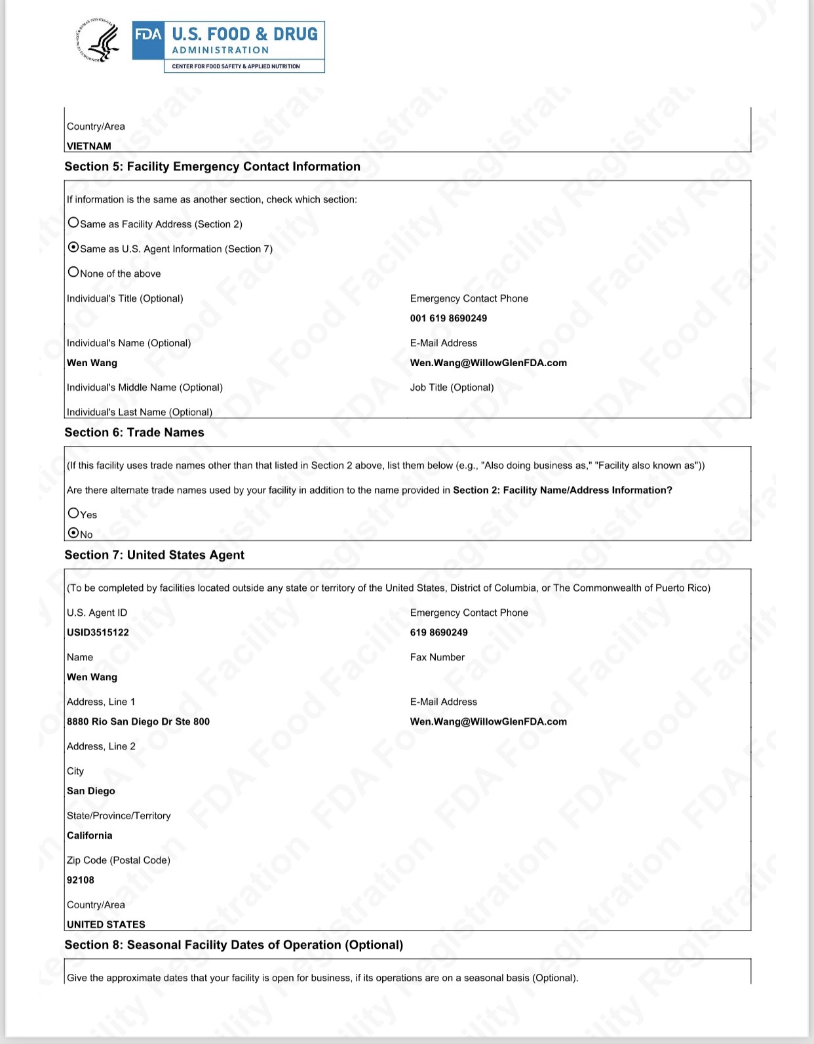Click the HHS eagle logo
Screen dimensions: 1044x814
click(99, 41)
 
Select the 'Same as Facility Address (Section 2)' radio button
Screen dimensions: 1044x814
click(73, 223)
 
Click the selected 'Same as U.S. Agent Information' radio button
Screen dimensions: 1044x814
click(73, 248)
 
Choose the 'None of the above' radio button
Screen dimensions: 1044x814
click(73, 272)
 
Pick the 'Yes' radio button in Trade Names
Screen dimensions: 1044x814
click(73, 513)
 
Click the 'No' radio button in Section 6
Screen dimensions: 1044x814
click(73, 533)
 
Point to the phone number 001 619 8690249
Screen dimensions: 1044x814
click(448, 318)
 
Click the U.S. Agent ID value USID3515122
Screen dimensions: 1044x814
click(98, 632)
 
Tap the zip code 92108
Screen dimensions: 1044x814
click(81, 880)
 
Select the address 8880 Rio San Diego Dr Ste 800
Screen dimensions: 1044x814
click(138, 721)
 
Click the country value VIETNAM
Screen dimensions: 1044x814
click(89, 146)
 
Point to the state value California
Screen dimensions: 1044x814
click(90, 835)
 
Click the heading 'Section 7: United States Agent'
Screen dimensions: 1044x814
click(154, 555)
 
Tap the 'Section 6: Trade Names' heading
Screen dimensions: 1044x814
click(134, 432)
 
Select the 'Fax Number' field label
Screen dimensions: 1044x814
click(437, 657)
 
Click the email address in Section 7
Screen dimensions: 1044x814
click(488, 721)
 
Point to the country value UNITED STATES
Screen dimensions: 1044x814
click(106, 924)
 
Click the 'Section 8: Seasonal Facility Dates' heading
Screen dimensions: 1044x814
click(233, 944)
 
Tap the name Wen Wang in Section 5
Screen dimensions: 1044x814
click(92, 363)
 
